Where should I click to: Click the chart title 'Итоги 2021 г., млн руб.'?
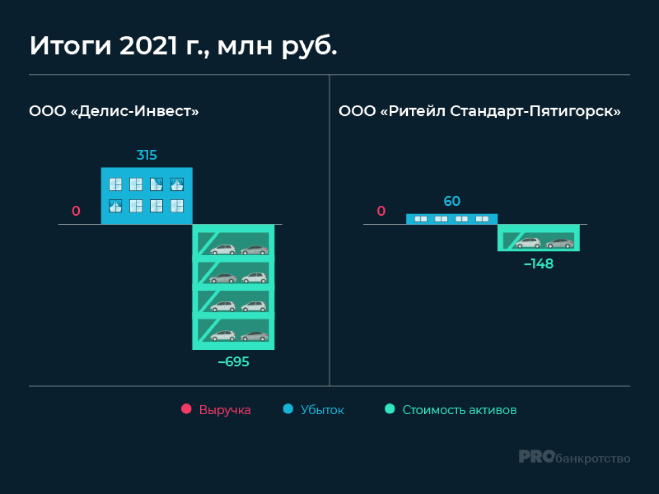[183, 46]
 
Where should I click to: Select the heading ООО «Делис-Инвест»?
[114, 111]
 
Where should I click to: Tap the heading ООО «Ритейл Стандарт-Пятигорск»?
[479, 111]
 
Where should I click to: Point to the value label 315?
[147, 155]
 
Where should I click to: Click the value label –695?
[234, 362]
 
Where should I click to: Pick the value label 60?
[452, 201]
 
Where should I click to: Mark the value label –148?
[539, 264]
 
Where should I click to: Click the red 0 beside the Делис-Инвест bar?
[76, 211]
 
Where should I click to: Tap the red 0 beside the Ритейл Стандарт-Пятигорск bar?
[381, 211]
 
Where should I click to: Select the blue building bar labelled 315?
[147, 196]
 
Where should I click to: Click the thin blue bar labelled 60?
[452, 219]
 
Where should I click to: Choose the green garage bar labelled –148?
[539, 238]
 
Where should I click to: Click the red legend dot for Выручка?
[186, 409]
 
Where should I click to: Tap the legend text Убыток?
[322, 410]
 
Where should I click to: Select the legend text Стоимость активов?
[459, 410]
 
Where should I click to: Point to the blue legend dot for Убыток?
[288, 409]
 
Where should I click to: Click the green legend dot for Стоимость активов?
[390, 409]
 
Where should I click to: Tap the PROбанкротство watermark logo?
[575, 457]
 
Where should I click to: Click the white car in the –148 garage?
[528, 243]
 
